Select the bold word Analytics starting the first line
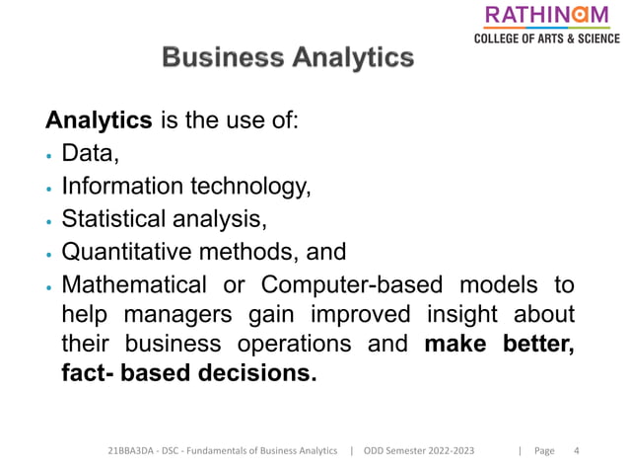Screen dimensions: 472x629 click(x=99, y=120)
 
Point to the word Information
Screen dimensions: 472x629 click(x=121, y=186)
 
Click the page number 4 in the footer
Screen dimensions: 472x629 click(x=576, y=451)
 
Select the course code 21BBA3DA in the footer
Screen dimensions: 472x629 click(x=132, y=451)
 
